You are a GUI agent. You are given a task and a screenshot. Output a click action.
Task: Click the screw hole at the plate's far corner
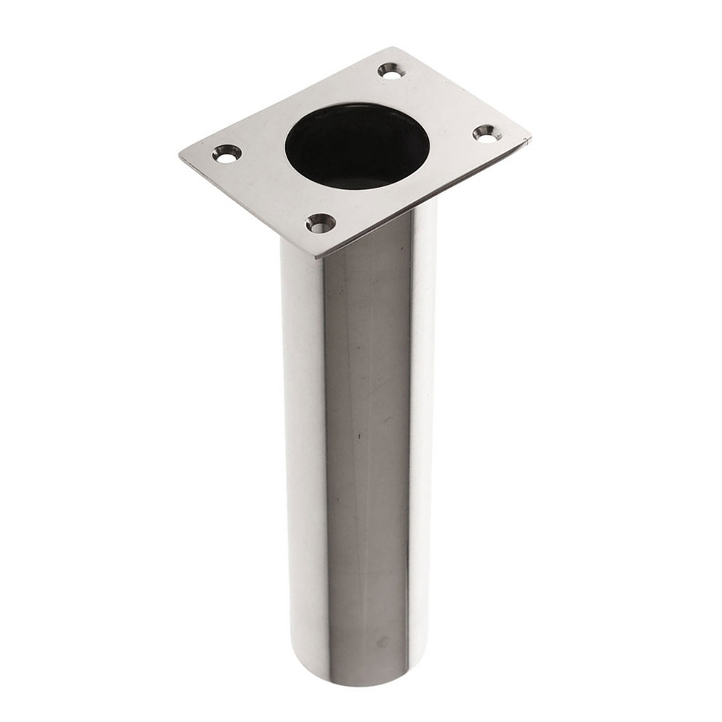pyautogui.click(x=391, y=71)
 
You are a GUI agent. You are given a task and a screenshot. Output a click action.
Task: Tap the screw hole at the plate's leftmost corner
pyautogui.click(x=227, y=153)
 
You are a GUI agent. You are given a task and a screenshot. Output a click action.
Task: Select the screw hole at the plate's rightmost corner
pyautogui.click(x=487, y=133)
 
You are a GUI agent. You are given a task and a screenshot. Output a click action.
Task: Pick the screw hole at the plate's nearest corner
pyautogui.click(x=320, y=223)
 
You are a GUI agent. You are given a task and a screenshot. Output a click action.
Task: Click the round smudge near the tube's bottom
pyautogui.click(x=382, y=642)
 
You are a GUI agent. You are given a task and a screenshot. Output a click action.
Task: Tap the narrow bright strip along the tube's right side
pyautogui.click(x=422, y=433)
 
